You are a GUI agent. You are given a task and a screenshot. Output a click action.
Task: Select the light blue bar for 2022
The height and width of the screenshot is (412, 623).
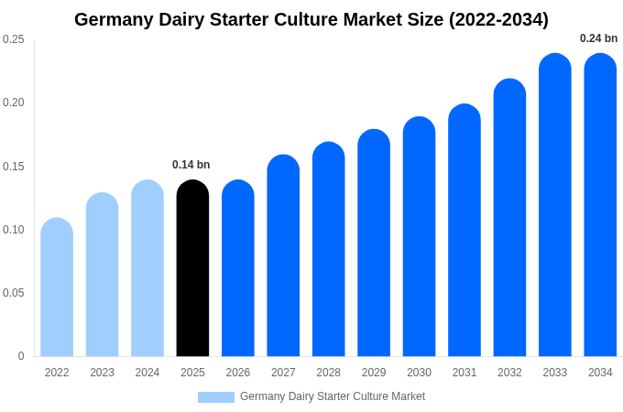click(57, 287)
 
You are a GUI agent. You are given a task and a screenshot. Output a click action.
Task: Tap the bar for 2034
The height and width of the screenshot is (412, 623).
click(600, 205)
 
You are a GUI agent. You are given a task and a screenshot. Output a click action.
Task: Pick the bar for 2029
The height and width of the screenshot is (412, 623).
click(374, 243)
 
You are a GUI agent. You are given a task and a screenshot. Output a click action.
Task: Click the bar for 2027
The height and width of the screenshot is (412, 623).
click(283, 255)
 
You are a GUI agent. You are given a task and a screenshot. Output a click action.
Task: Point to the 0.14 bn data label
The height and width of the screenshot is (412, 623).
click(191, 165)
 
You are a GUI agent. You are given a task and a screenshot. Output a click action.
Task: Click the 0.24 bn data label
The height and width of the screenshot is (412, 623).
click(598, 38)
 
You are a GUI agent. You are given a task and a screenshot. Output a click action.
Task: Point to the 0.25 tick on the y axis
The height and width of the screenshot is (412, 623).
click(14, 39)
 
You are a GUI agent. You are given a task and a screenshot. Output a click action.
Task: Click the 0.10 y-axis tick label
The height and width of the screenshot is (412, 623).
click(14, 230)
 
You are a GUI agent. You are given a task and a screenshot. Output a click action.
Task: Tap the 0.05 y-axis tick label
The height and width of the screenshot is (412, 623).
click(14, 293)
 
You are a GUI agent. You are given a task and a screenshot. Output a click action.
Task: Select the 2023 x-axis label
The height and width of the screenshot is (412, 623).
click(102, 373)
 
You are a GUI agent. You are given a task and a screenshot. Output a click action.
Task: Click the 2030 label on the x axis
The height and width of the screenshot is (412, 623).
click(419, 373)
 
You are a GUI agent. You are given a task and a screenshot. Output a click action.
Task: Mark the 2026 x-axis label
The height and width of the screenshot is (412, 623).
click(238, 373)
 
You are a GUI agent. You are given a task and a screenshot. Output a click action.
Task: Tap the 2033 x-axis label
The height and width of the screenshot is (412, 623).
click(554, 373)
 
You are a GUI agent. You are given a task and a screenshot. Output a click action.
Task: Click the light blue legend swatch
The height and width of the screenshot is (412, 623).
click(216, 397)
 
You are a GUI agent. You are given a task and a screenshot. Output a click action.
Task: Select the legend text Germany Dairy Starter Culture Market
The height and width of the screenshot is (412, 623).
click(333, 396)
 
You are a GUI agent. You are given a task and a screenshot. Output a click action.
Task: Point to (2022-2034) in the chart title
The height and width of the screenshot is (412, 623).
click(498, 19)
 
